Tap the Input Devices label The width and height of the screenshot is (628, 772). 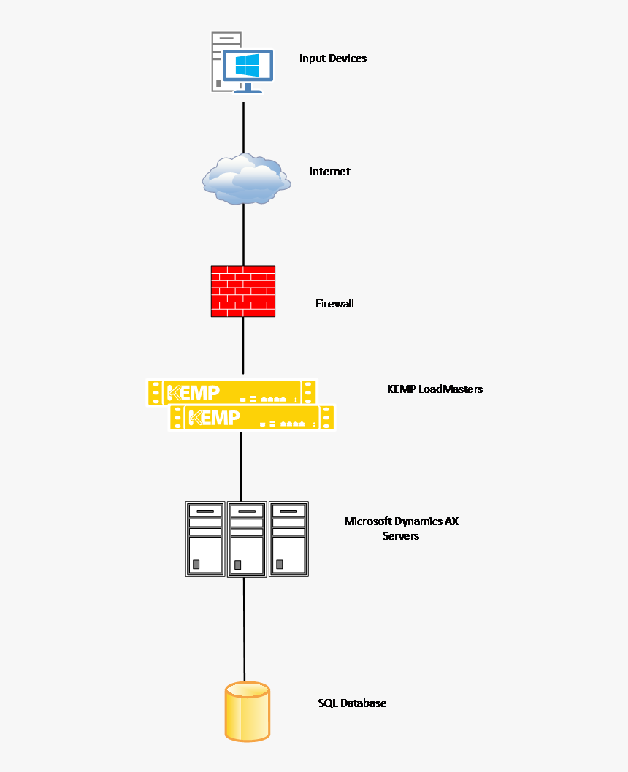[332, 58]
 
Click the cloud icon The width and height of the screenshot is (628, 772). [244, 178]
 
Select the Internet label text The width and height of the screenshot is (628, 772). [329, 172]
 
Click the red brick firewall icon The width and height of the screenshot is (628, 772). [243, 291]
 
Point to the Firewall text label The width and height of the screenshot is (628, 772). [334, 303]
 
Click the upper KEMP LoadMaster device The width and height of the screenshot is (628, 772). [232, 391]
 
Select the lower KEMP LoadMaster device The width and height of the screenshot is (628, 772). [252, 417]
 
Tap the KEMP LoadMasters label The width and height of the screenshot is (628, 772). [434, 389]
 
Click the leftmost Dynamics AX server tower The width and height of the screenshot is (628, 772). [205, 538]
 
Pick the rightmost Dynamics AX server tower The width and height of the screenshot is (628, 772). [288, 538]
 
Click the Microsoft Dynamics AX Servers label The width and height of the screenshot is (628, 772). [401, 528]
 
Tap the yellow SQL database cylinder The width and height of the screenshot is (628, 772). [247, 711]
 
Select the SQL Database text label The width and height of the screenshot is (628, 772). [352, 703]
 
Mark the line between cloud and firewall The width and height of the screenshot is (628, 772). [243, 234]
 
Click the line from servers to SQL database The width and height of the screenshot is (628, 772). [244, 628]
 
